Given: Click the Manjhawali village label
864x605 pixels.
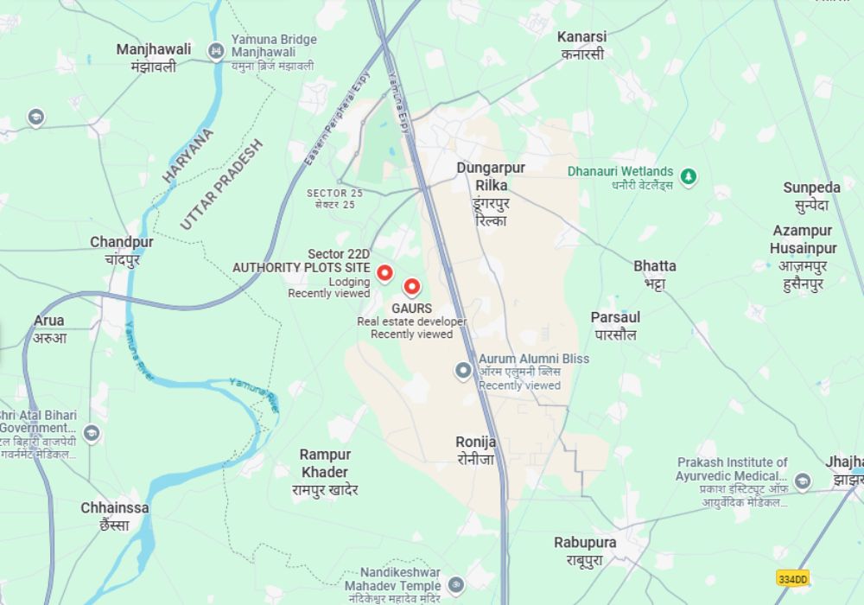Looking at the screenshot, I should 154,57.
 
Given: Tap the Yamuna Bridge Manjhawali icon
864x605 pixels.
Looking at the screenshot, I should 216,52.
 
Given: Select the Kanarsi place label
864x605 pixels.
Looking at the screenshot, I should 581,45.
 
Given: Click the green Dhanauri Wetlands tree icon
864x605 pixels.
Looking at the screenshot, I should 689,177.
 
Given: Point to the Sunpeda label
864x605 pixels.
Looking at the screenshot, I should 811,196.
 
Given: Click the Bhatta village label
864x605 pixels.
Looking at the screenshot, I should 654,274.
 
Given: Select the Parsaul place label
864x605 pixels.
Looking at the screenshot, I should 615,325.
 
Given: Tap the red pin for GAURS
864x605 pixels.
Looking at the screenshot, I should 412,287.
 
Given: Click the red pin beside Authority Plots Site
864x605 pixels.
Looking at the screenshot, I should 384,272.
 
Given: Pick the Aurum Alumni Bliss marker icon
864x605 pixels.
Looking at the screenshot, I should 463,371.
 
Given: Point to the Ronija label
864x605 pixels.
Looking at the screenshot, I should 476,450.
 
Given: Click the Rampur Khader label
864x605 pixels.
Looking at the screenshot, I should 325,472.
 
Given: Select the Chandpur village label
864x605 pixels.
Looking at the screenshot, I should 122,250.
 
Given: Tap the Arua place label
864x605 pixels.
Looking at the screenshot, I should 49,328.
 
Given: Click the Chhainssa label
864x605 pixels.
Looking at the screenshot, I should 115,516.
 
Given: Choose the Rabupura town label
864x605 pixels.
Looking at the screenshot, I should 585,551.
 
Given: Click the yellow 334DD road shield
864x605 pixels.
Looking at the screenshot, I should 792,578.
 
